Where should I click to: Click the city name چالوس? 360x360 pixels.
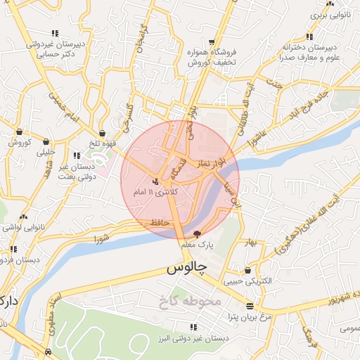tap(187, 269)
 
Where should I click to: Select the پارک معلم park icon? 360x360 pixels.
tap(197, 233)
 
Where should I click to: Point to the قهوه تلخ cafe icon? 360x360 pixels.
tap(103, 133)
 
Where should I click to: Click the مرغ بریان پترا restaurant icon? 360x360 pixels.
tap(250, 305)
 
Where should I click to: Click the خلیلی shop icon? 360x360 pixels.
tap(46, 141)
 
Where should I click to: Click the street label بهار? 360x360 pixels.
tap(250, 244)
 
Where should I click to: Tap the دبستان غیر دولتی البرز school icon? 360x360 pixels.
tap(193, 327)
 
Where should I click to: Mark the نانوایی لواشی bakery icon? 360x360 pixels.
tap(24, 217)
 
